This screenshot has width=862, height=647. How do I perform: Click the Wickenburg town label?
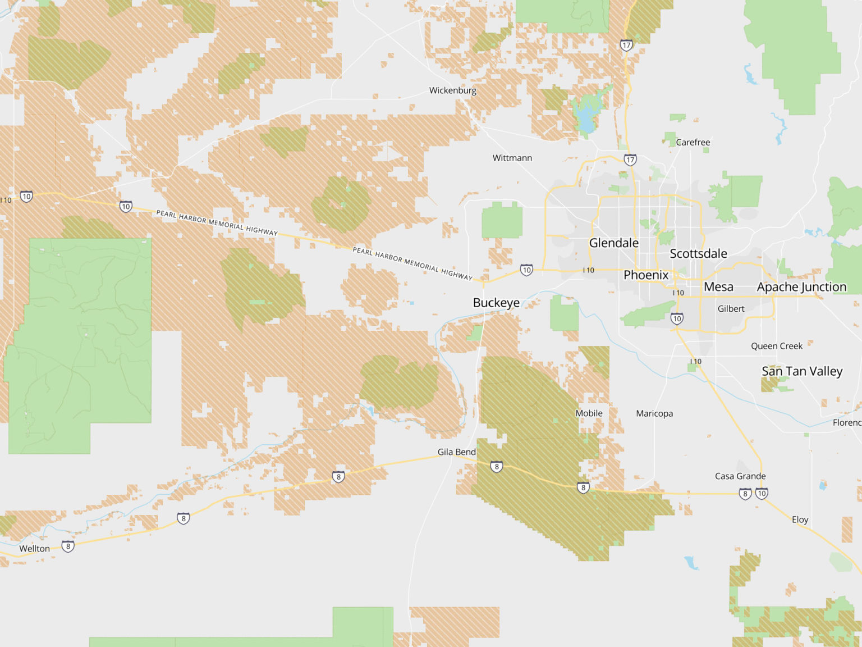(x=452, y=90)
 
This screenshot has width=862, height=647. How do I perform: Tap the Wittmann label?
(x=512, y=158)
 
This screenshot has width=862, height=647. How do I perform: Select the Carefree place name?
(x=693, y=142)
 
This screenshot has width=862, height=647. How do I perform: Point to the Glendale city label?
(x=613, y=243)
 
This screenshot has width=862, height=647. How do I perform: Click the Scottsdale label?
(x=698, y=253)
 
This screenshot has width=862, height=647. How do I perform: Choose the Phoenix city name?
(x=646, y=275)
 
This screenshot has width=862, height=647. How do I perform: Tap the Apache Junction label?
(x=801, y=287)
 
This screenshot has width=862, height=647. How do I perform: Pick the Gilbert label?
(x=731, y=308)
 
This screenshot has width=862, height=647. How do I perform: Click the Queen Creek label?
(x=777, y=346)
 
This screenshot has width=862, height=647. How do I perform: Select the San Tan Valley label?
(x=802, y=371)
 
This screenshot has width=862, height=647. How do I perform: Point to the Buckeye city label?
(x=496, y=303)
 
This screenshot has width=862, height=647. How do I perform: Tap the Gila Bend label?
(x=456, y=452)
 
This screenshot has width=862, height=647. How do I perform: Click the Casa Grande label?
(x=740, y=476)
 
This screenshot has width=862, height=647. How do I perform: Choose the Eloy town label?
(x=800, y=520)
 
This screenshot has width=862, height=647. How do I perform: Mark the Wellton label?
(x=34, y=549)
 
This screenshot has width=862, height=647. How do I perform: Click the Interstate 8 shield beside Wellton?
(x=68, y=546)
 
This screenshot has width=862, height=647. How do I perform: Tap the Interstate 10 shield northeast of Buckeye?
(x=526, y=270)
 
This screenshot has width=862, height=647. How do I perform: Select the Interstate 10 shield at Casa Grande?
(x=762, y=494)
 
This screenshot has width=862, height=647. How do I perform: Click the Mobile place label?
(x=589, y=413)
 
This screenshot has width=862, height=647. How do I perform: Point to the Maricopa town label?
(x=654, y=413)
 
